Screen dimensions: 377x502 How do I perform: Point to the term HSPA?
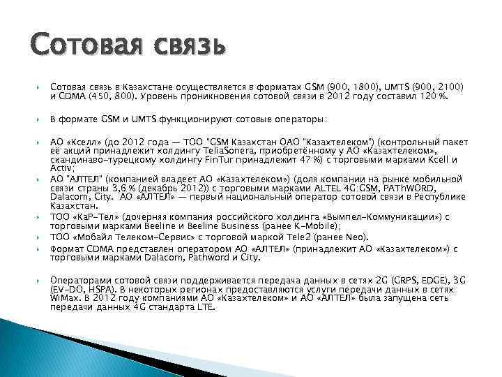click(95, 286)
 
